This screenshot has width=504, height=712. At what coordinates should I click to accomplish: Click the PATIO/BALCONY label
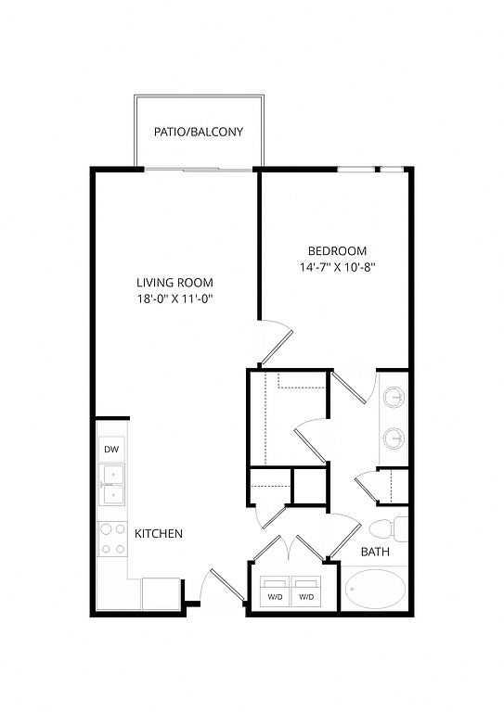199,132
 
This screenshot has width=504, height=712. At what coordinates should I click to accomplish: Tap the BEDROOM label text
337,250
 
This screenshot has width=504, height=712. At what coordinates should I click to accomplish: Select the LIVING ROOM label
175,283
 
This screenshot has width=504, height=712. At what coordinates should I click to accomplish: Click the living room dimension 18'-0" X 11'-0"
175,299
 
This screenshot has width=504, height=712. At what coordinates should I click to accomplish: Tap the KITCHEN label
159,534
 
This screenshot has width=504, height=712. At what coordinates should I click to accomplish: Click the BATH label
375,552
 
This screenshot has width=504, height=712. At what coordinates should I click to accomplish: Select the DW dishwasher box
111,450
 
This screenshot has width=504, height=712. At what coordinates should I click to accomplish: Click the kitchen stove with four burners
112,539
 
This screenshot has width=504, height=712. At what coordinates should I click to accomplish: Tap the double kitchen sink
111,485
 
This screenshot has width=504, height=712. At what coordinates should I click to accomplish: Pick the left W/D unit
275,591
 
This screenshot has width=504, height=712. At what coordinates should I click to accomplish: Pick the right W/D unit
306,591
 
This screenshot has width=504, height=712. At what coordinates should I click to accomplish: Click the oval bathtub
375,589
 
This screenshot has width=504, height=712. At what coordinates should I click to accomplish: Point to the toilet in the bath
389,529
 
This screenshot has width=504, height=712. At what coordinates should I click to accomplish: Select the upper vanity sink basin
394,399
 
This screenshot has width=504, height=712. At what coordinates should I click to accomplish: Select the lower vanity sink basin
394,439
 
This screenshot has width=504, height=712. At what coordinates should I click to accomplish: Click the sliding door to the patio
199,170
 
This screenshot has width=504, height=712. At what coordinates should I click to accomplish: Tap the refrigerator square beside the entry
161,593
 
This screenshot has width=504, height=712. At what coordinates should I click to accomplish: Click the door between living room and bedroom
277,343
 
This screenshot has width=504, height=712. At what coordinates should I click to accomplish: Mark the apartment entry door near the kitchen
224,587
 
